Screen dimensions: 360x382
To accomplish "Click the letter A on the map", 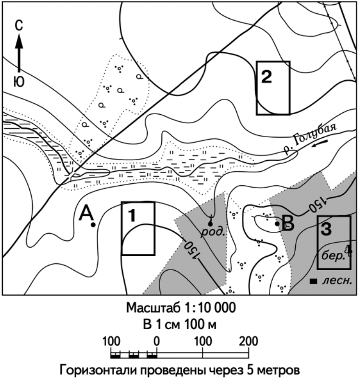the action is point(86,213).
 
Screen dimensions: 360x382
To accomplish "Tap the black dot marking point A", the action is point(93,225).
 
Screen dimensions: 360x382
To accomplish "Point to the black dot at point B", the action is point(277,224).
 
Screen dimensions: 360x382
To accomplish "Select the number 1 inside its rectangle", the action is point(132,215).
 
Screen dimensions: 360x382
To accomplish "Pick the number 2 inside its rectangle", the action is point(266,77).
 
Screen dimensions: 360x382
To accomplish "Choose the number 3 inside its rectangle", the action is point(326,229).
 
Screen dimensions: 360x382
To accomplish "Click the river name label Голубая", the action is point(314,134).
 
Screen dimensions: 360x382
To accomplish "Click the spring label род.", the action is point(213,232).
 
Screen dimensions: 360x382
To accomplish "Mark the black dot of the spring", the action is point(210,224).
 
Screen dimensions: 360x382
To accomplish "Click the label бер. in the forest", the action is point(333,256).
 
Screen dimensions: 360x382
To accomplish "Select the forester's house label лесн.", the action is point(337,281).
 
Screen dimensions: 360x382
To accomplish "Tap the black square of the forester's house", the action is point(313,281).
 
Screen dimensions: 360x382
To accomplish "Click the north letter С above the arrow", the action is point(19,25).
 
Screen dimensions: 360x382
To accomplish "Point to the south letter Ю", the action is point(19,82).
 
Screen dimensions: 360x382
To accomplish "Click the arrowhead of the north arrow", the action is point(19,41).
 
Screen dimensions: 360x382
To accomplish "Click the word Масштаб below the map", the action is point(153,308).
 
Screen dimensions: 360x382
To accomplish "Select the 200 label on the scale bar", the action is point(248,341).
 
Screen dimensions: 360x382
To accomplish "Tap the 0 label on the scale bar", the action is point(157,341).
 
